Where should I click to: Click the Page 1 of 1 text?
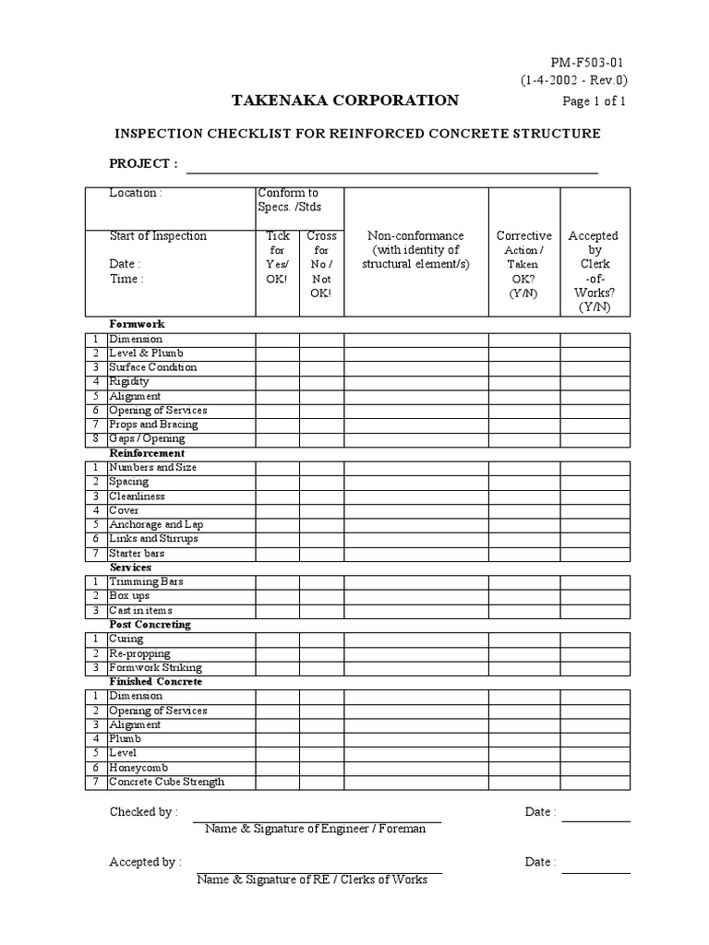click(x=594, y=102)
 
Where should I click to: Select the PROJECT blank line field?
click(x=392, y=166)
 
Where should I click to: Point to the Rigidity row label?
click(x=129, y=381)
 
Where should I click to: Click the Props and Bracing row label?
click(x=153, y=425)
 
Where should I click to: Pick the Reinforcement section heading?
click(x=147, y=453)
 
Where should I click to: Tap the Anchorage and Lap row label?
click(x=156, y=524)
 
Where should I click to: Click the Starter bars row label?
click(x=137, y=553)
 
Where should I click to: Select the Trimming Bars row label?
click(x=146, y=581)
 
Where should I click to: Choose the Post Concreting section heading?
click(x=150, y=625)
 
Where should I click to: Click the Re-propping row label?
click(x=140, y=653)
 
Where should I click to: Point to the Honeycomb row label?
click(x=137, y=768)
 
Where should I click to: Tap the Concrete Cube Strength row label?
click(x=166, y=782)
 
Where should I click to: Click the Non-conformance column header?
click(x=415, y=250)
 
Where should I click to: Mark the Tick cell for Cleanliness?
click(x=277, y=496)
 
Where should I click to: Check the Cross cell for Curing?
click(x=321, y=639)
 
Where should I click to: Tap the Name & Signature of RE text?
click(x=311, y=879)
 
